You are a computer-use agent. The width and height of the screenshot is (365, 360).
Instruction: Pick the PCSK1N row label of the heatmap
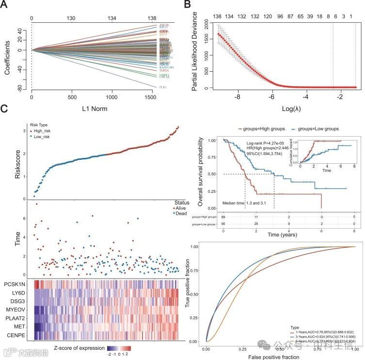16,283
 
